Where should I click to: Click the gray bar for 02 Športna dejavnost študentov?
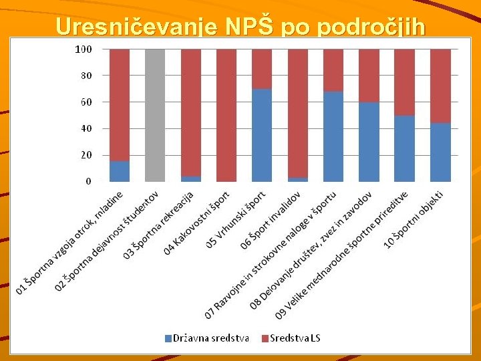(155, 115)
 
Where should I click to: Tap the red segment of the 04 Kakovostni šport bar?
(226, 115)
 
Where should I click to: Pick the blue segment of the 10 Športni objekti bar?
(440, 152)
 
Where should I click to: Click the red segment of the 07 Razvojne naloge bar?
(333, 70)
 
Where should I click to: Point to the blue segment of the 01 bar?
(120, 171)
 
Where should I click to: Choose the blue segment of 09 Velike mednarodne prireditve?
(404, 148)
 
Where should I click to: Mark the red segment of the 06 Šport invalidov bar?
(297, 114)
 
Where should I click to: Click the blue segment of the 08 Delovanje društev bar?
(369, 142)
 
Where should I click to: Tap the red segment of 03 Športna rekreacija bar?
(190, 112)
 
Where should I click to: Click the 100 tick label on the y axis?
(84, 49)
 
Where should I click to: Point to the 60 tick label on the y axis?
(87, 102)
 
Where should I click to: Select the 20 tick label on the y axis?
(87, 155)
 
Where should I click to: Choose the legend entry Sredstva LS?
(295, 338)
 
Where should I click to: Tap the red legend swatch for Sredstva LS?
(265, 338)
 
